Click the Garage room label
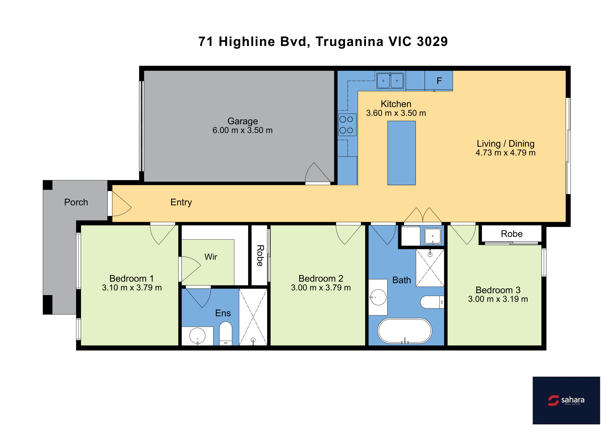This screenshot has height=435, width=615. (x=242, y=121)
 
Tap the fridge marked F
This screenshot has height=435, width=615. (x=439, y=81)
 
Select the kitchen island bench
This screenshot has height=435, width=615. (x=401, y=153)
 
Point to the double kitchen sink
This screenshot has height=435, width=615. (x=390, y=80)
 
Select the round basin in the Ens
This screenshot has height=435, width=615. (x=197, y=336)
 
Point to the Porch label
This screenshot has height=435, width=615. (x=76, y=202)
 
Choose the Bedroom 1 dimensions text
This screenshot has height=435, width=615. (x=132, y=288)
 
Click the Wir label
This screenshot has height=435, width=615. (x=211, y=257)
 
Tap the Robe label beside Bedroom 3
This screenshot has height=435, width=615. (x=512, y=234)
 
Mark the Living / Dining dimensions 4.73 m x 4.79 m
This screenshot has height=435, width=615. (x=505, y=153)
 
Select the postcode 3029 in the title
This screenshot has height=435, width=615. (x=432, y=42)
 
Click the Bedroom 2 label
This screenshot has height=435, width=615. (x=321, y=278)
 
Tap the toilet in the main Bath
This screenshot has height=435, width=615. (x=432, y=302)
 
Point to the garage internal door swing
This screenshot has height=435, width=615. (x=318, y=173)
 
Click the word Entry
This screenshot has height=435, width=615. (x=181, y=202)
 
